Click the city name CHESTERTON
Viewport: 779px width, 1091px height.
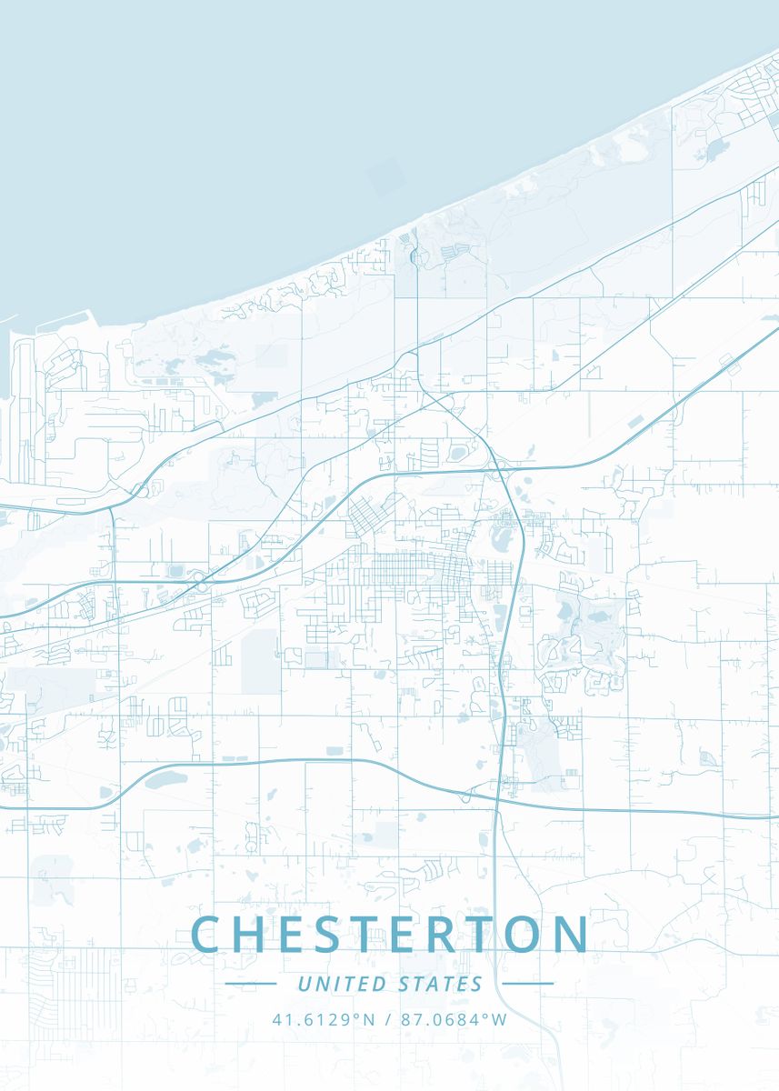click(x=390, y=935)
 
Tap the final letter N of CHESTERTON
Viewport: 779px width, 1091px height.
click(x=574, y=935)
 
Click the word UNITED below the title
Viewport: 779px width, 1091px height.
click(x=341, y=984)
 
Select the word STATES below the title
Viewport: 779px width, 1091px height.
click(x=441, y=984)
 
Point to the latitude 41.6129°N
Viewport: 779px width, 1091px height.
click(x=324, y=1019)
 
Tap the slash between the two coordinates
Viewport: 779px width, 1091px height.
click(x=388, y=1019)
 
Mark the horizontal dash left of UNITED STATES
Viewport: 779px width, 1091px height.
click(x=250, y=984)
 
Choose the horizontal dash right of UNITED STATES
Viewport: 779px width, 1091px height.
click(x=528, y=984)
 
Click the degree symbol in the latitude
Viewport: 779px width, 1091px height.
click(x=355, y=1016)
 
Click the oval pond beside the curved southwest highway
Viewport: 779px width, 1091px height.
click(x=165, y=780)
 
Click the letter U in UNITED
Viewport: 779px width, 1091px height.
click(x=304, y=984)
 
